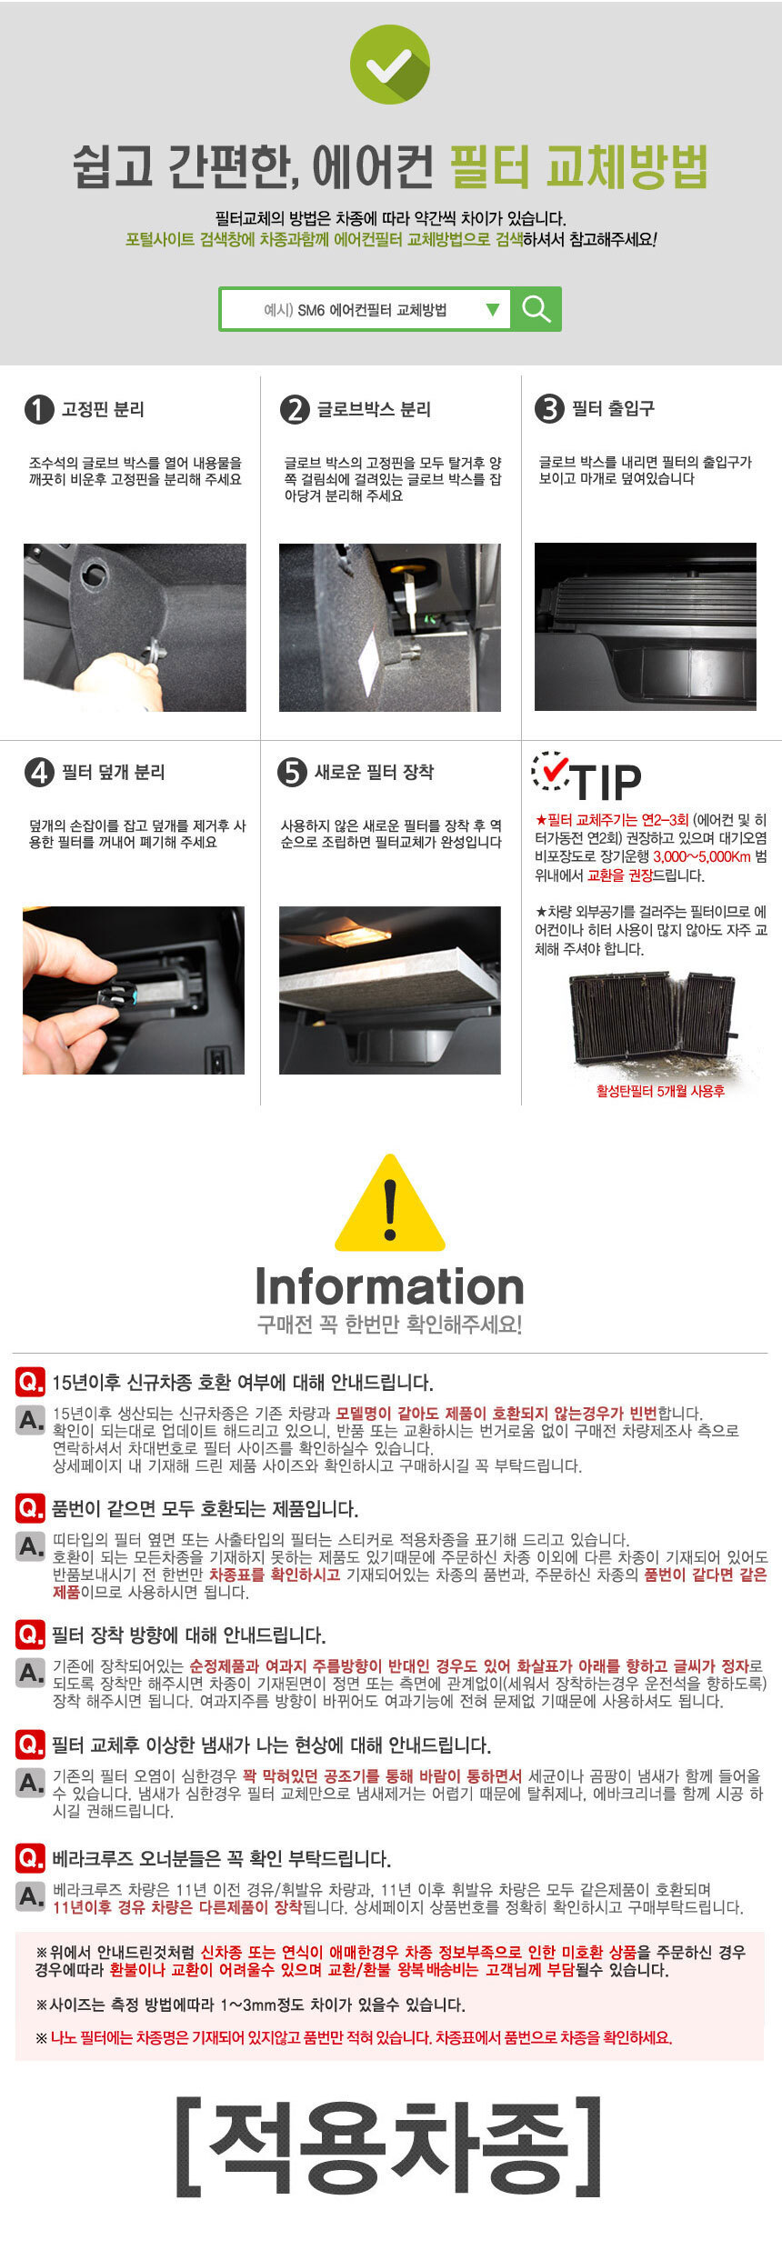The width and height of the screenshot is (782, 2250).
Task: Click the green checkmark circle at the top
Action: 390,65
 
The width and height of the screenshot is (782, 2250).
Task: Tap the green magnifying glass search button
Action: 536,309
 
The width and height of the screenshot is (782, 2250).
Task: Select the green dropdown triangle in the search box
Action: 493,310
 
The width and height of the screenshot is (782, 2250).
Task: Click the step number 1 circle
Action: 39,409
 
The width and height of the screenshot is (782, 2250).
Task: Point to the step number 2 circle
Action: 295,409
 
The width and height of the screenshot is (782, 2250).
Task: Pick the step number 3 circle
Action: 549,409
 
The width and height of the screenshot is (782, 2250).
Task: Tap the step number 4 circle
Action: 39,773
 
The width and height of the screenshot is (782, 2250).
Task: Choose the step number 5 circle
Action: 292,773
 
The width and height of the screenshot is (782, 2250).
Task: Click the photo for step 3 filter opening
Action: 646,627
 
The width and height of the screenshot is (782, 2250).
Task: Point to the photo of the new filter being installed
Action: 390,990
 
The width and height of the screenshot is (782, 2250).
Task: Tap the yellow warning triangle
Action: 390,1205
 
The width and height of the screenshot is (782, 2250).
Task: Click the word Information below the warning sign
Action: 390,1286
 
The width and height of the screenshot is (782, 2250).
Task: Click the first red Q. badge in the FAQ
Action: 30,1382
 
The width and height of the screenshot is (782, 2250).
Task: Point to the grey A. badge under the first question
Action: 30,1420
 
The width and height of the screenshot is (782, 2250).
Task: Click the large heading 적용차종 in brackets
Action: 390,2145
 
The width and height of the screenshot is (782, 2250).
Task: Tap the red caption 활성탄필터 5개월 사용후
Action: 660,1091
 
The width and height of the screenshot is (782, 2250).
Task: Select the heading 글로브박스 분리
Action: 374,409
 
